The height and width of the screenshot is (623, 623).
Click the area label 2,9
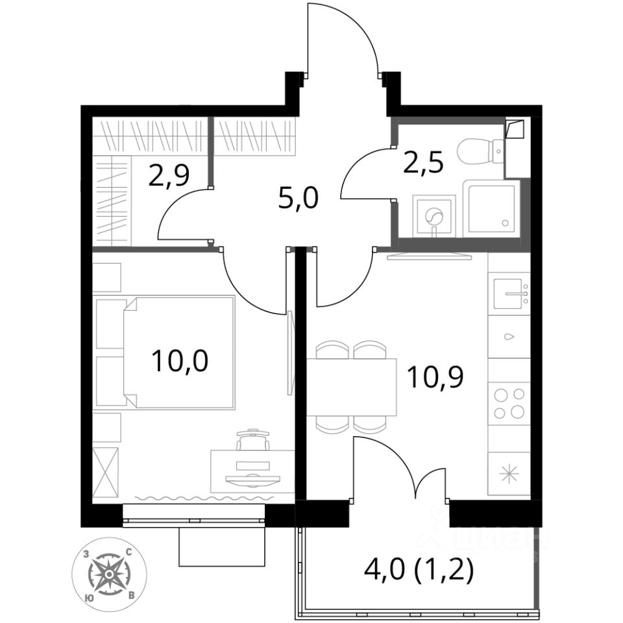pos(169,176)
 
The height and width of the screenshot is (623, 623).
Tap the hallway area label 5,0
pos(299,199)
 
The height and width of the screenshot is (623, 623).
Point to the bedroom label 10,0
pos(180,361)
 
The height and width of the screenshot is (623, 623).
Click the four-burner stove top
pos(509,403)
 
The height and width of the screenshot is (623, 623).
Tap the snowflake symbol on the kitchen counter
pos(509,474)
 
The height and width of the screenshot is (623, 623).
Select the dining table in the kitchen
pos(352,387)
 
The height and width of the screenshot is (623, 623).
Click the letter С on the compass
pos(128,552)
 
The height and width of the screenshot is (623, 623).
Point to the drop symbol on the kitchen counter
pos(509,337)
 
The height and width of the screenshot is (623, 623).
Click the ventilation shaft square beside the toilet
pos(515,129)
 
